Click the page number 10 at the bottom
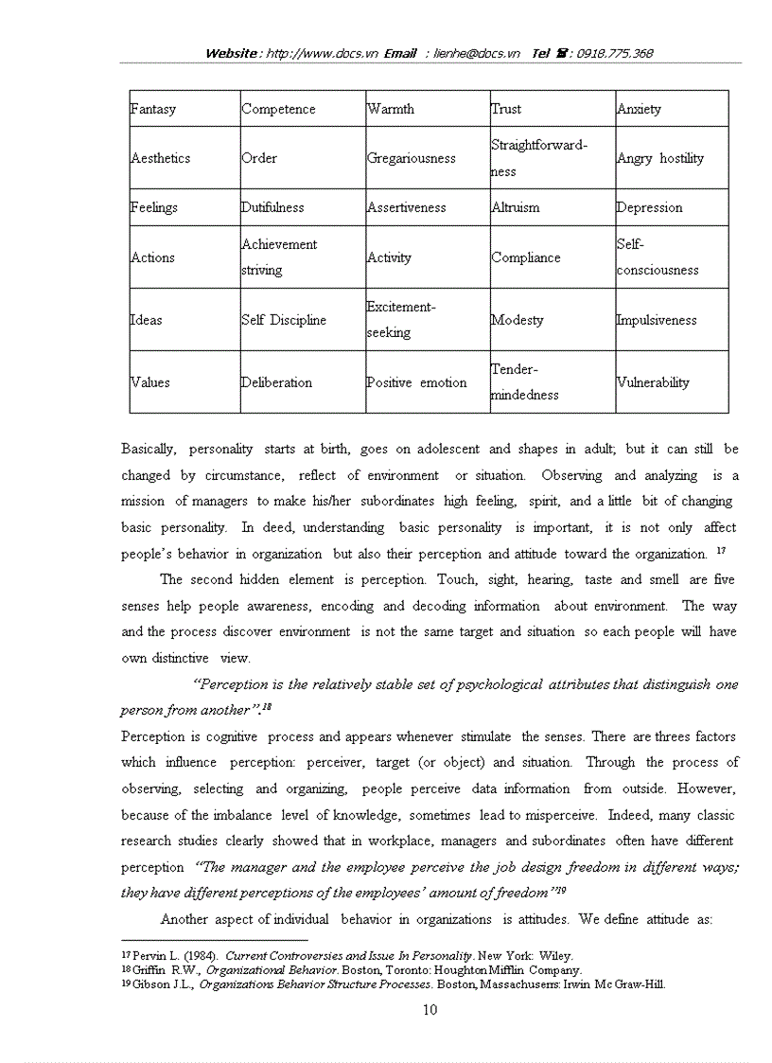coord(430,1010)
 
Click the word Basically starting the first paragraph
coord(151,449)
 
